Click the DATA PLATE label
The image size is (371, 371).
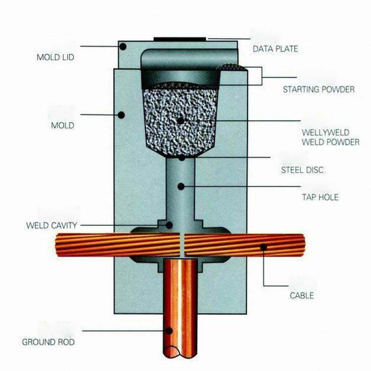pyautogui.click(x=275, y=49)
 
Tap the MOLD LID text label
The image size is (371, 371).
pyautogui.click(x=55, y=57)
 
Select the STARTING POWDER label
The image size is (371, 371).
pyautogui.click(x=319, y=90)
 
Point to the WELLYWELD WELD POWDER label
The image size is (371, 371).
pyautogui.click(x=330, y=137)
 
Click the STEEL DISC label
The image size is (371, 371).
pyautogui.click(x=302, y=170)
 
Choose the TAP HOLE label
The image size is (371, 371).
pyautogui.click(x=320, y=197)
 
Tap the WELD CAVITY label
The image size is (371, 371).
pyautogui.click(x=51, y=225)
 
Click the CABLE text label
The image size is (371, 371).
pyautogui.click(x=302, y=295)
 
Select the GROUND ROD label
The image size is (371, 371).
pyautogui.click(x=48, y=342)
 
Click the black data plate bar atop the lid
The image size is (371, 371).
pyautogui.click(x=180, y=39)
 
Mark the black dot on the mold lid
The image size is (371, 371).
pyautogui.click(x=123, y=46)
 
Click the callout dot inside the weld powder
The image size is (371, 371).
pyautogui.click(x=180, y=121)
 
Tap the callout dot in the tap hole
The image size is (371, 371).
pyautogui.click(x=181, y=186)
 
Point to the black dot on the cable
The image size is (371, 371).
pyautogui.click(x=264, y=247)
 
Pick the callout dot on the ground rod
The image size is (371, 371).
pyautogui.click(x=169, y=331)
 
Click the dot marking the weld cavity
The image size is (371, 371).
pyautogui.click(x=169, y=225)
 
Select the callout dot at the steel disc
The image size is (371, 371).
pyautogui.click(x=182, y=158)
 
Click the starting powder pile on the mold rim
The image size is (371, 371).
pyautogui.click(x=232, y=67)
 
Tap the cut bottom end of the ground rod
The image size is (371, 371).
pyautogui.click(x=180, y=353)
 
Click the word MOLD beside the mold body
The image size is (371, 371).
pyautogui.click(x=63, y=126)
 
